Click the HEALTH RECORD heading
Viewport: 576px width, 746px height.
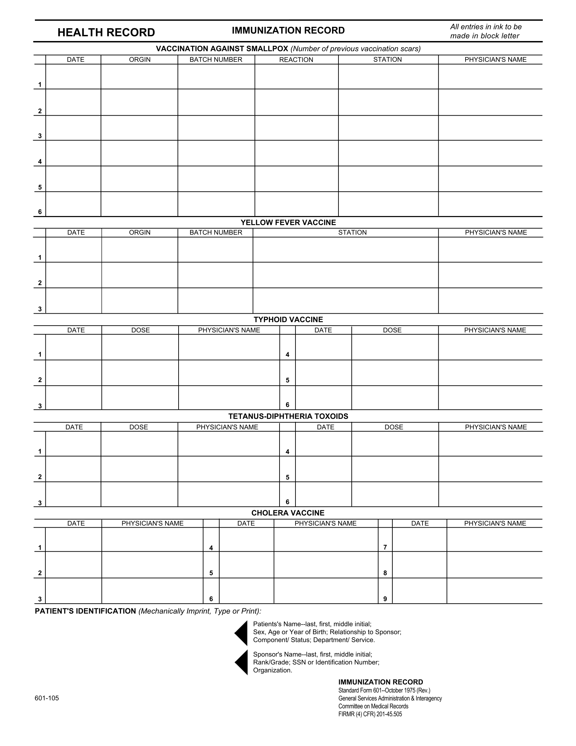(x=106, y=33)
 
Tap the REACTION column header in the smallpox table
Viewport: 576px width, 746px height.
(x=296, y=60)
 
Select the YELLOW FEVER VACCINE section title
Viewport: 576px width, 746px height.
(x=288, y=223)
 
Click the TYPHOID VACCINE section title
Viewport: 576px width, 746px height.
(x=288, y=320)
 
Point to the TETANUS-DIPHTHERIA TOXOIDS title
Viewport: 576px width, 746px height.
(x=288, y=416)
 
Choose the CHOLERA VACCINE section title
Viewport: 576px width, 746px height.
(x=288, y=513)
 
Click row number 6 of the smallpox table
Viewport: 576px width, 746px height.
(x=40, y=212)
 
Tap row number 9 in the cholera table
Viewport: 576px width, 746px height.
(x=385, y=599)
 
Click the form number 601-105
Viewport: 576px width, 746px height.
(x=47, y=698)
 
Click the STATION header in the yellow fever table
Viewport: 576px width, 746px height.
(x=352, y=233)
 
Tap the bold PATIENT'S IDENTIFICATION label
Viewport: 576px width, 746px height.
(x=85, y=611)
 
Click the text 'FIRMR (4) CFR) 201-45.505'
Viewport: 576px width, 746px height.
(x=370, y=714)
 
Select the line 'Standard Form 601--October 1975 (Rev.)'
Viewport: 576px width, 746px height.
(x=384, y=690)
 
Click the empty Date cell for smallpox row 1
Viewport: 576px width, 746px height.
(x=74, y=77)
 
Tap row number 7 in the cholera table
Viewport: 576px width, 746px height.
(x=385, y=547)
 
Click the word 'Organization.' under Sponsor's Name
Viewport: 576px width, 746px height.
(x=273, y=670)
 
